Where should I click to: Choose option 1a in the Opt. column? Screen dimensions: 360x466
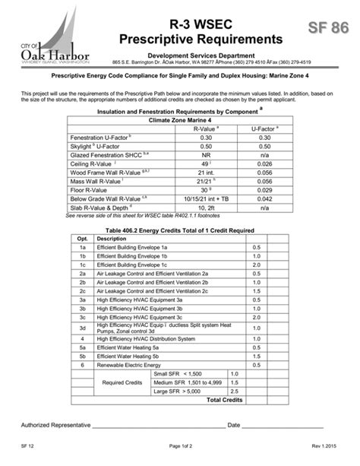point(82,247)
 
